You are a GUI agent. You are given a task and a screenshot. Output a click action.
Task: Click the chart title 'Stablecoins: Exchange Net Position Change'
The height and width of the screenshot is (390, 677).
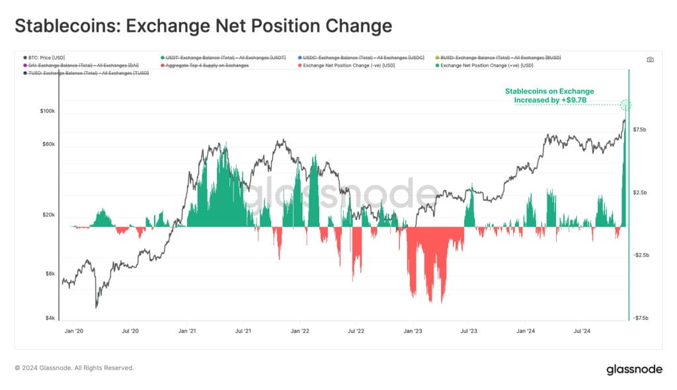(203, 26)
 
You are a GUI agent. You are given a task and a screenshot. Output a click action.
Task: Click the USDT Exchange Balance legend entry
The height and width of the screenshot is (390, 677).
(225, 58)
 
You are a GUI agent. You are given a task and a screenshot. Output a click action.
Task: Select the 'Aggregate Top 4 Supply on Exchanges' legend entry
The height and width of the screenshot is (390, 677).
(208, 65)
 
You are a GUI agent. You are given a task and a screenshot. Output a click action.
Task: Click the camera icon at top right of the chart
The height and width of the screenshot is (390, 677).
(650, 59)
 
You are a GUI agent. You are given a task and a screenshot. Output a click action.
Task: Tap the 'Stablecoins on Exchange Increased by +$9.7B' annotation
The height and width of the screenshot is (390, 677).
(549, 95)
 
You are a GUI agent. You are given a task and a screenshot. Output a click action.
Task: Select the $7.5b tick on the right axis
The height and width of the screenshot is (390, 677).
(641, 130)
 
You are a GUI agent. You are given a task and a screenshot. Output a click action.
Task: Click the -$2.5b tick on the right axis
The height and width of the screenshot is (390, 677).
(641, 255)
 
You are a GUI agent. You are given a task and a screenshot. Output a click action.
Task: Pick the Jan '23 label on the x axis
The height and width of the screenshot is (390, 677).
(413, 331)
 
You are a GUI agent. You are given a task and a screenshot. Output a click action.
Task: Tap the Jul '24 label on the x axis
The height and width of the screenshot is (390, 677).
(582, 331)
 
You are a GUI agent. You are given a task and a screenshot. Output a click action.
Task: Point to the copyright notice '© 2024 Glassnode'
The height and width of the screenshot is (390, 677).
(74, 368)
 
